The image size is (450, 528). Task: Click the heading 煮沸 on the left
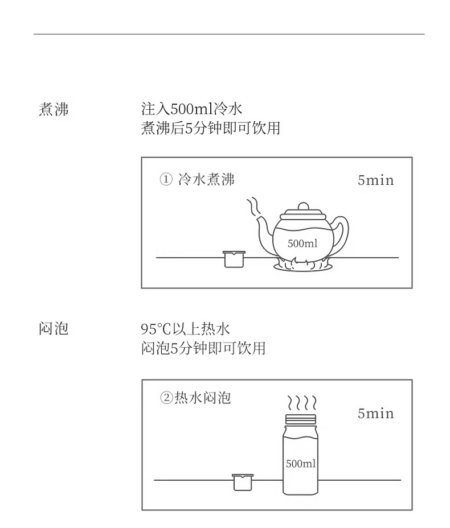(54, 109)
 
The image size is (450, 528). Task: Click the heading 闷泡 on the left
(54, 329)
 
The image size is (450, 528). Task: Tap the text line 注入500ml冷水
(191, 109)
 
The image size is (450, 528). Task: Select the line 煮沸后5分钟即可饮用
(211, 128)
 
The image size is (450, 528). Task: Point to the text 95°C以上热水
(185, 329)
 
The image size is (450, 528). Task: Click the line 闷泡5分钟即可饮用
(203, 348)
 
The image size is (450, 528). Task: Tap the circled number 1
(166, 179)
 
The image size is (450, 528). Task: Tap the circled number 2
(166, 398)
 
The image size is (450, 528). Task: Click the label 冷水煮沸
(206, 179)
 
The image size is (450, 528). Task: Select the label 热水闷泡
(203, 398)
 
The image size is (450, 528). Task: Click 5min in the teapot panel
(376, 180)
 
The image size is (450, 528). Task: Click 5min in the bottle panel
(376, 414)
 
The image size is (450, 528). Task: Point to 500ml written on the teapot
(302, 244)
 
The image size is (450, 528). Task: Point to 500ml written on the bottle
(301, 464)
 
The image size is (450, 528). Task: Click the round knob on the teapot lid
(304, 206)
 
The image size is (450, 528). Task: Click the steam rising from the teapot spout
(253, 207)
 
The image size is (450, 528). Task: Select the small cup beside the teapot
(234, 259)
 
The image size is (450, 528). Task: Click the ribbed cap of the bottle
(301, 419)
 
